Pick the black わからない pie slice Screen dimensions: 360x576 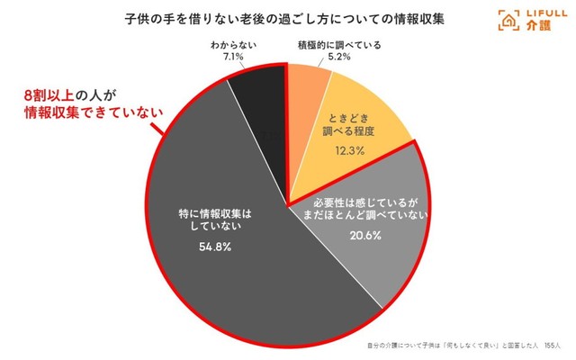tap(256, 99)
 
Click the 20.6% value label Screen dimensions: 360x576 tap(351, 236)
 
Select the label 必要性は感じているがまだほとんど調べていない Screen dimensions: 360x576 tap(352, 208)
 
